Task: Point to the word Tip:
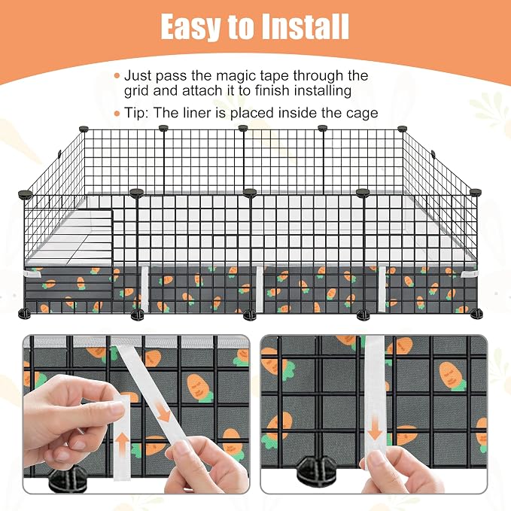pos(136,113)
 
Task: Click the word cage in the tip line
pos(363,114)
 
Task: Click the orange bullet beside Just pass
pos(117,76)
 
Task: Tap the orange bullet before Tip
pos(117,114)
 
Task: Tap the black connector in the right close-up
pos(317,470)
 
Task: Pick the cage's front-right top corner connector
pos(476,192)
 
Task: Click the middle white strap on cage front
pos(260,289)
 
